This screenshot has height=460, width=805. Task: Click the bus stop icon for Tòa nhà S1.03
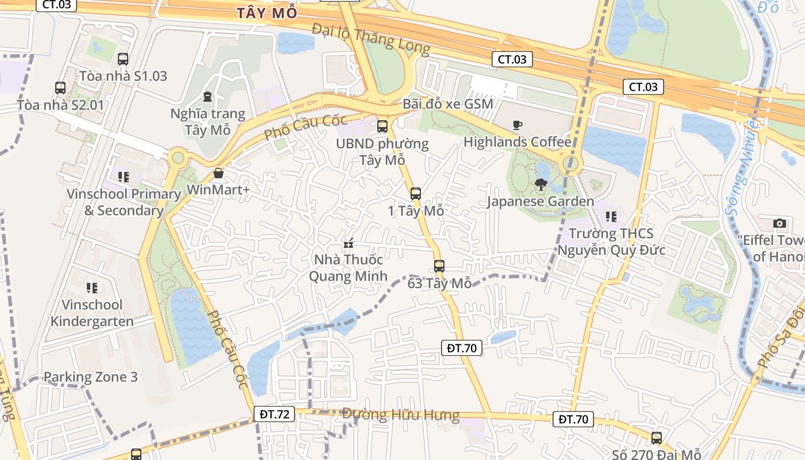pyautogui.click(x=123, y=59)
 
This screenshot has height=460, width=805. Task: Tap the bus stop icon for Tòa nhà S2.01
pyautogui.click(x=60, y=88)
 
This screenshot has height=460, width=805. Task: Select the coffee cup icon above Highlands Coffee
pyautogui.click(x=517, y=125)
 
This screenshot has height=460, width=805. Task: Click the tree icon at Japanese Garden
pyautogui.click(x=540, y=185)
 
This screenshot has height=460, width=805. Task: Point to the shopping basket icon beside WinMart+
pyautogui.click(x=218, y=173)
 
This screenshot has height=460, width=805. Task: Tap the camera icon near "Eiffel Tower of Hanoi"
pyautogui.click(x=780, y=223)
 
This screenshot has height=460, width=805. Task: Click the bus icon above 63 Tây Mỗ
pyautogui.click(x=439, y=266)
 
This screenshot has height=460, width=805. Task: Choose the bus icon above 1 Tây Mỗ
pyautogui.click(x=416, y=194)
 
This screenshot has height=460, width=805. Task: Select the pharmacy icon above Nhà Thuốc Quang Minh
pyautogui.click(x=348, y=244)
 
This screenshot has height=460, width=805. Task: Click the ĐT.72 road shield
pyautogui.click(x=274, y=413)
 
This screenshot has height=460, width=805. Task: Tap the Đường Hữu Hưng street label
pyautogui.click(x=401, y=414)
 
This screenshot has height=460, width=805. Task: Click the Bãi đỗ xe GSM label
pyautogui.click(x=448, y=104)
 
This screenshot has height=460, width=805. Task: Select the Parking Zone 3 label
pyautogui.click(x=91, y=377)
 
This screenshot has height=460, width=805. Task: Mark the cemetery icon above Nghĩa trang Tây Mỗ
pyautogui.click(x=208, y=97)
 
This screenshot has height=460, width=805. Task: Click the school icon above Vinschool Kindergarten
pyautogui.click(x=92, y=287)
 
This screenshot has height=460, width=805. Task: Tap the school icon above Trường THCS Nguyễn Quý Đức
pyautogui.click(x=611, y=217)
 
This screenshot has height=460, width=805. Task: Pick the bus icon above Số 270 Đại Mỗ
pyautogui.click(x=657, y=438)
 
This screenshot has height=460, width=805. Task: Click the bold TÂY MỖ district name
pyautogui.click(x=267, y=13)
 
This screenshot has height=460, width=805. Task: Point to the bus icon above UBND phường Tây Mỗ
pyautogui.click(x=382, y=126)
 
